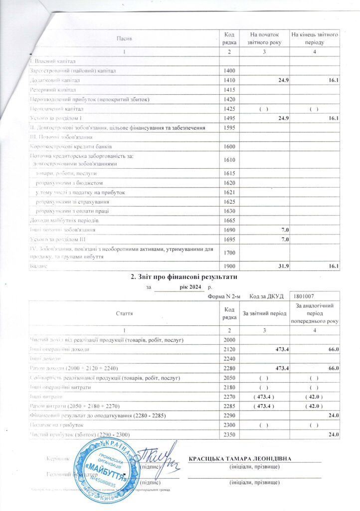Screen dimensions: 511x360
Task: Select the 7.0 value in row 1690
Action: (286, 230)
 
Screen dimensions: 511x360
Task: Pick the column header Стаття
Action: (124, 313)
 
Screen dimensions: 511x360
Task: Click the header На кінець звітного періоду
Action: (315, 38)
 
